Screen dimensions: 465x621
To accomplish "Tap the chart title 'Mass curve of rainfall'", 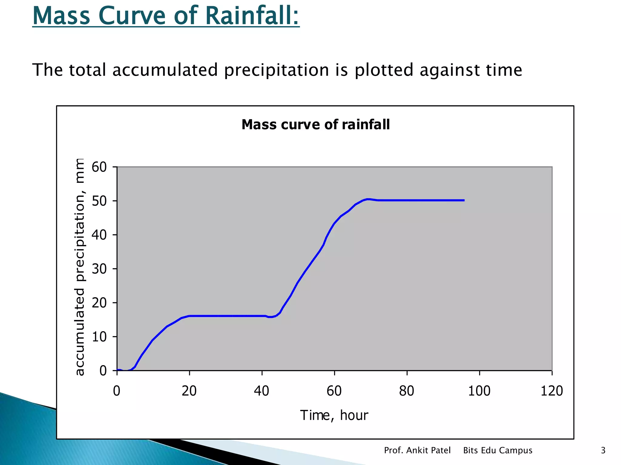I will (x=315, y=124).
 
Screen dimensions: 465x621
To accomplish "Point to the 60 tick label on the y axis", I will (x=99, y=167).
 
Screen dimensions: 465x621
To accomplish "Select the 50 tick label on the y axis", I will (x=99, y=201).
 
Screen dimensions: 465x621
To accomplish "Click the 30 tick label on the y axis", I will (x=99, y=269).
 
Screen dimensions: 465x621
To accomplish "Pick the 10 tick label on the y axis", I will (x=99, y=337).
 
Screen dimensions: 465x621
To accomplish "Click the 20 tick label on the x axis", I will (x=189, y=391).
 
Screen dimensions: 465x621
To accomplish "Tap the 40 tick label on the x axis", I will (x=261, y=391).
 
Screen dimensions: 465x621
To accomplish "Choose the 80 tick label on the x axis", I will (x=407, y=391).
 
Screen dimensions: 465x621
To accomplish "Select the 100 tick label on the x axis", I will (x=479, y=391).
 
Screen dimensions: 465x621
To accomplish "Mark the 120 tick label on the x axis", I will (x=552, y=391).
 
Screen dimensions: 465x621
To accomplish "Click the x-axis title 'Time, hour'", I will (x=334, y=415).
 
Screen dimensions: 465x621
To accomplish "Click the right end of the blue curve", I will (x=464, y=200).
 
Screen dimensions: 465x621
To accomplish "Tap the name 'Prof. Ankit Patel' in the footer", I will (x=417, y=450).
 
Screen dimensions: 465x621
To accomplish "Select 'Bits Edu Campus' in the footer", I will (x=498, y=450).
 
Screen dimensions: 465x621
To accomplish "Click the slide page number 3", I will (x=603, y=450).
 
